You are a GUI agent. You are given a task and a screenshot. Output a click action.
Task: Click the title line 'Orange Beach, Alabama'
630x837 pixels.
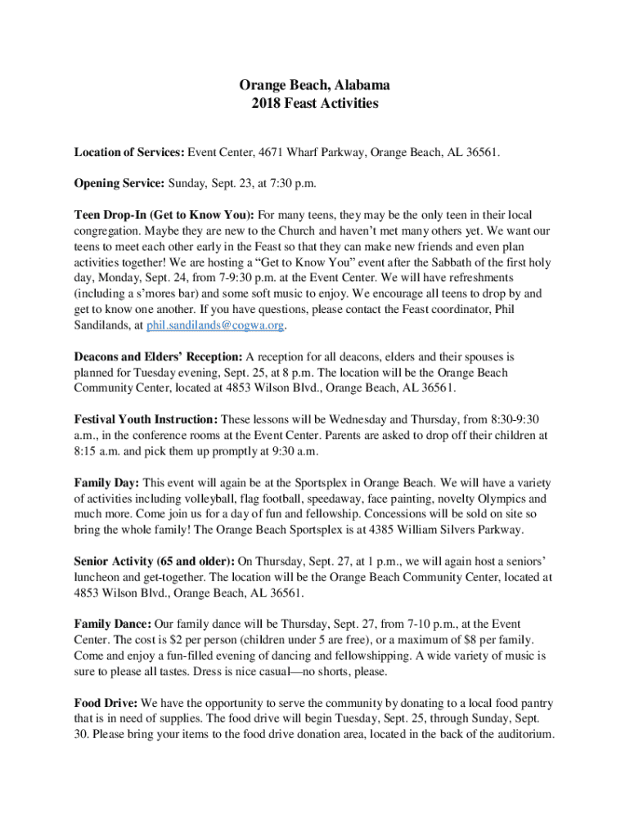314,85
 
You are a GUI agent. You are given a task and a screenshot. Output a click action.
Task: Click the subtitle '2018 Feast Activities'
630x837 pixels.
314,104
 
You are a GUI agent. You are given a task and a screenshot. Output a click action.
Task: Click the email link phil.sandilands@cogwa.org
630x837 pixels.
216,325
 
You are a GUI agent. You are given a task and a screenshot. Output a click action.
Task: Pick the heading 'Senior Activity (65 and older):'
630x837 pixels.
154,561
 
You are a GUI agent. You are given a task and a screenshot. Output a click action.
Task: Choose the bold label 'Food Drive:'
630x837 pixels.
106,703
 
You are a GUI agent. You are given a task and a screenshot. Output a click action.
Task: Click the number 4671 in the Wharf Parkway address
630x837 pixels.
272,153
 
